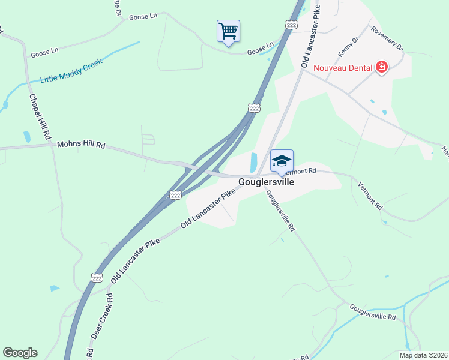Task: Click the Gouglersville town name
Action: tap(266, 182)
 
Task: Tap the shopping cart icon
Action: tap(228, 30)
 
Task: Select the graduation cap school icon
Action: tap(282, 161)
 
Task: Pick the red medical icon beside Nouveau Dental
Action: tap(381, 67)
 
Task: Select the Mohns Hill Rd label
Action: tap(81, 145)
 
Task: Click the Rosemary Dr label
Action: tap(387, 38)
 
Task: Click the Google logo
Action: tap(20, 353)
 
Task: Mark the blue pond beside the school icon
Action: tap(253, 161)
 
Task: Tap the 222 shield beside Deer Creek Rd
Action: tap(97, 277)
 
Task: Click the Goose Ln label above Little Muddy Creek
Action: tap(44, 54)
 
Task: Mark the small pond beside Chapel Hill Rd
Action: tap(26, 137)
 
